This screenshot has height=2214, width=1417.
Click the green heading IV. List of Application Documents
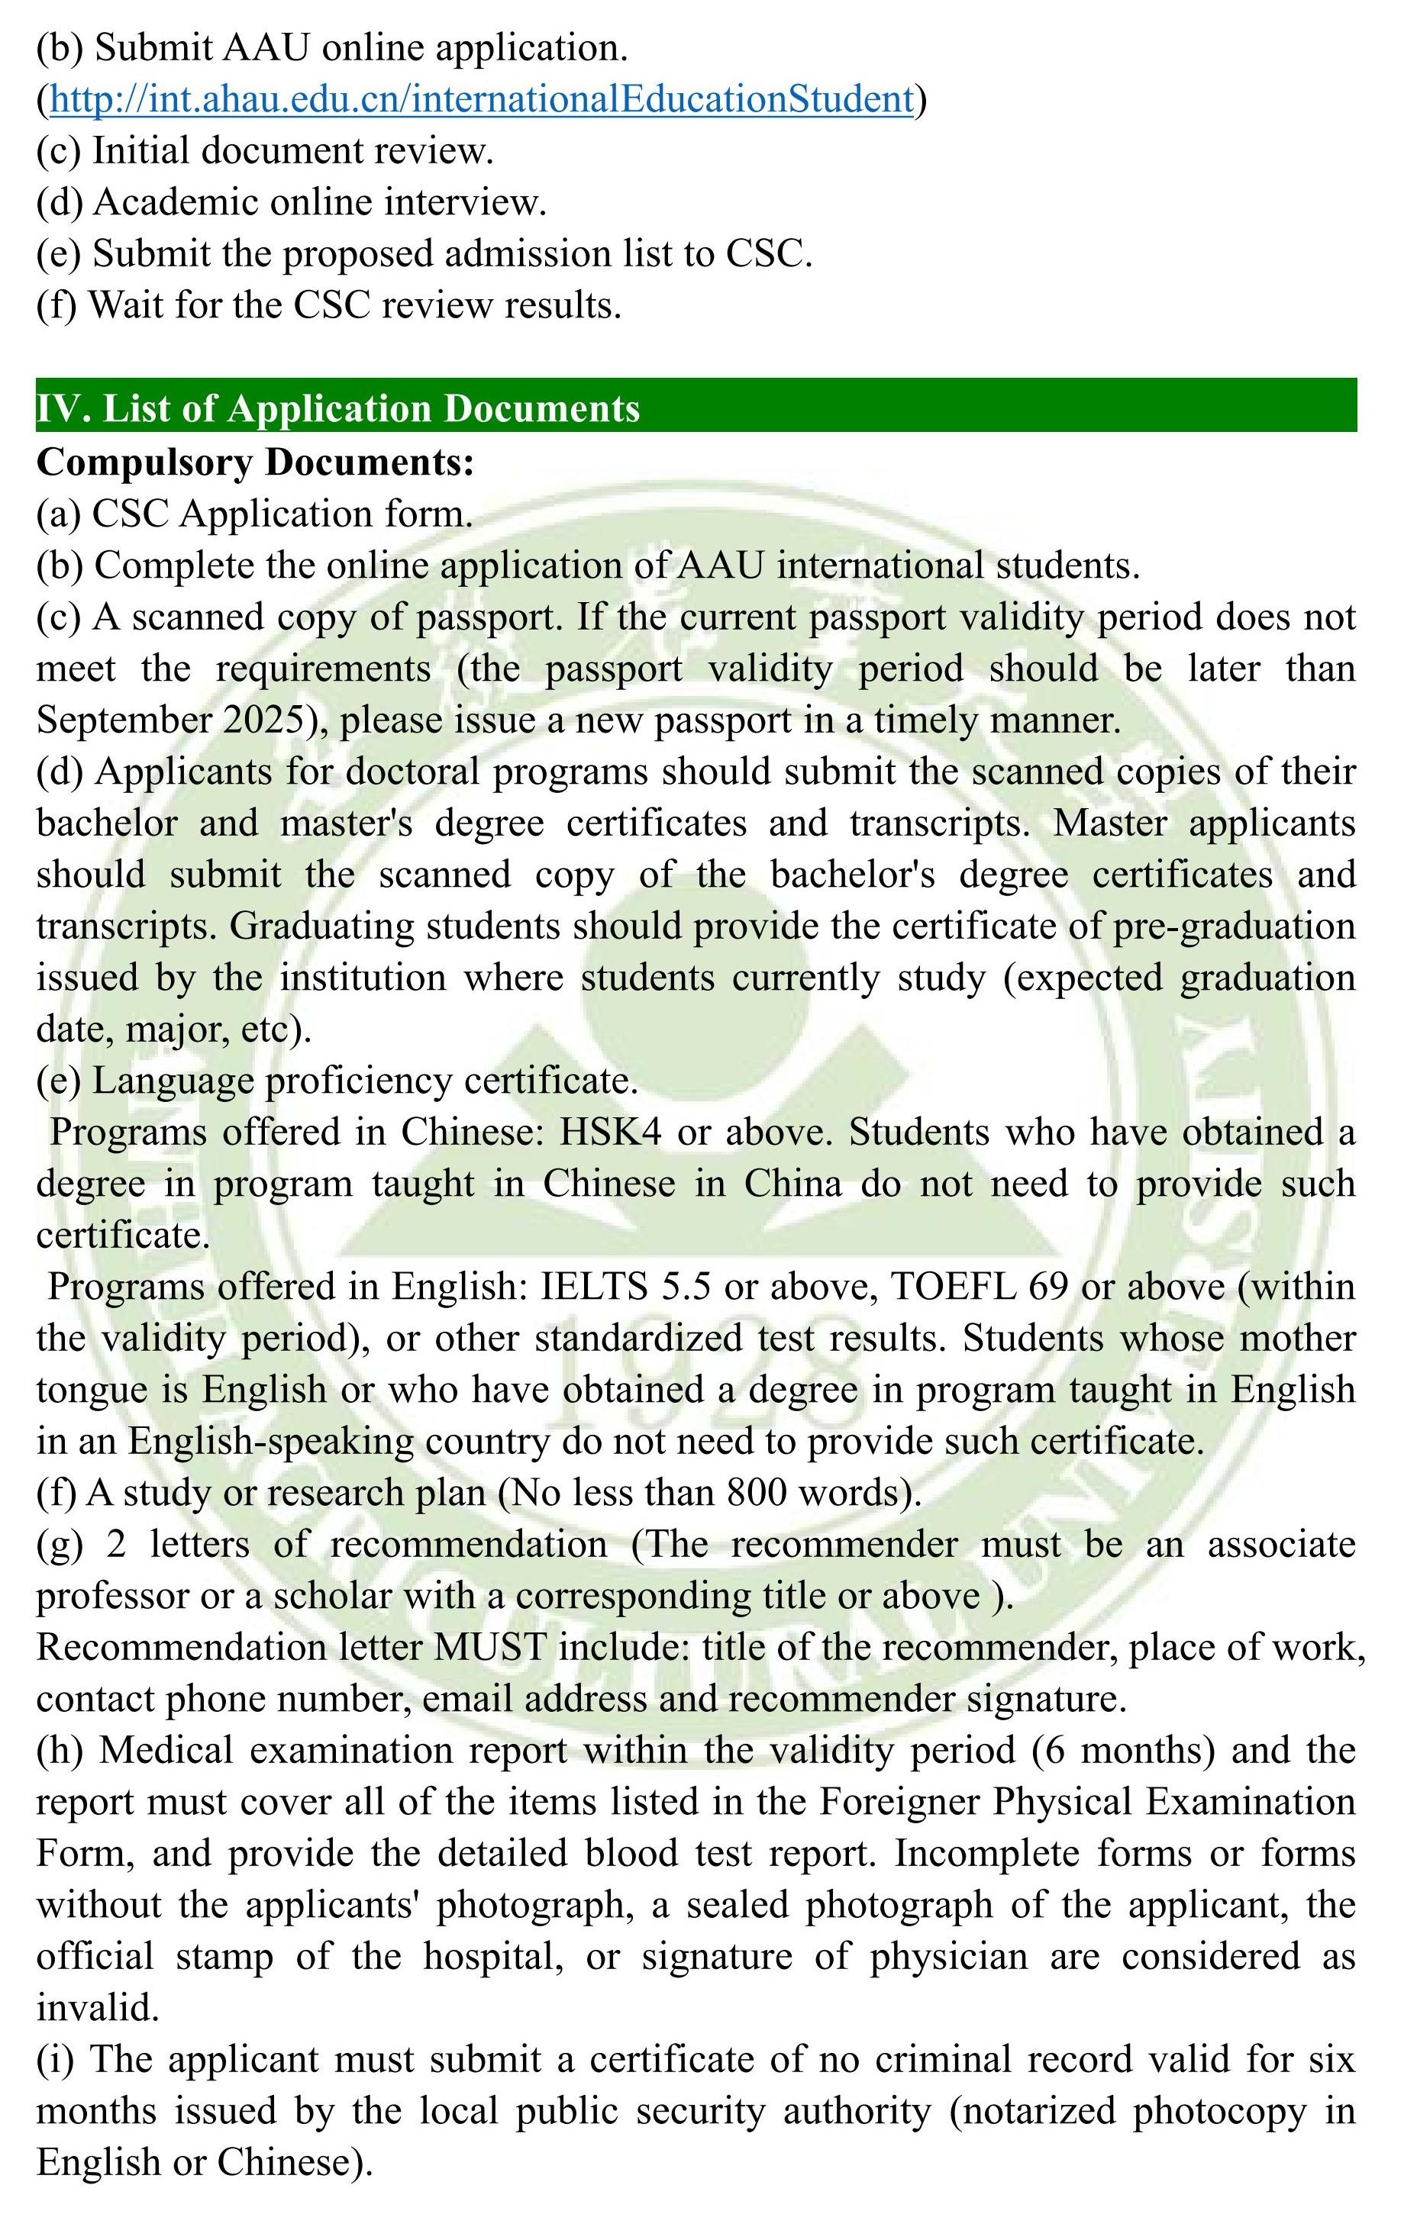337,408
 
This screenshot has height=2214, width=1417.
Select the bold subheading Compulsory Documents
255,461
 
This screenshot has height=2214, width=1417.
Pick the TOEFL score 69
1047,1286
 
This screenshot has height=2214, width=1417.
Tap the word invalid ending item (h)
98,2007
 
